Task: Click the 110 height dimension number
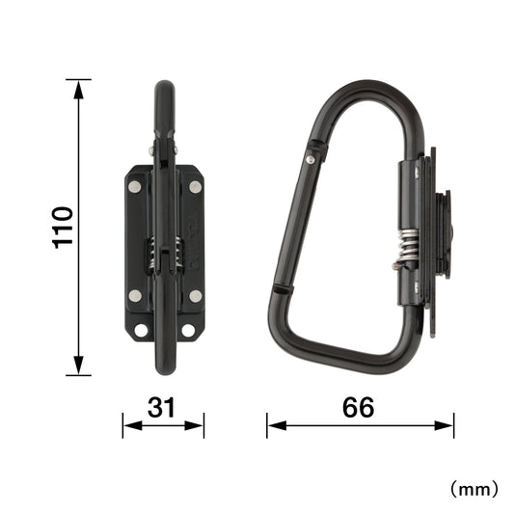(64, 228)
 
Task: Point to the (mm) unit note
(474, 489)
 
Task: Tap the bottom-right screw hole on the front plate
(188, 331)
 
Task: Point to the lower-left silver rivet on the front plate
(135, 296)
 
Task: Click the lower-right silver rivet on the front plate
(196, 296)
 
